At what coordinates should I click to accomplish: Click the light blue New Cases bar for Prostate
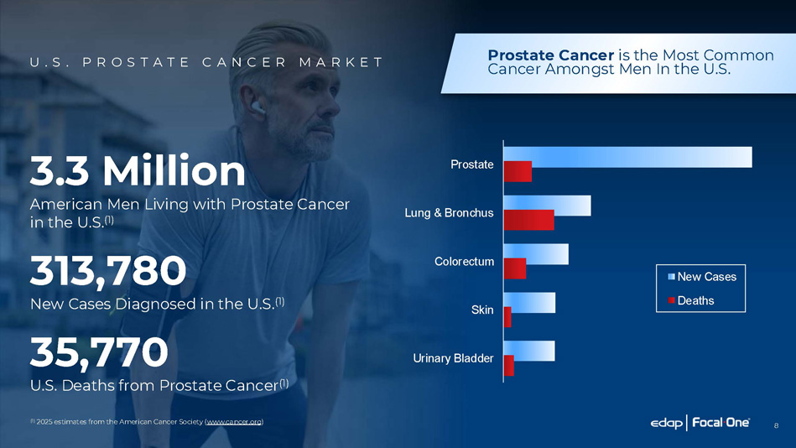click(x=628, y=157)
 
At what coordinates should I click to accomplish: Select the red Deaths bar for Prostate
click(x=518, y=172)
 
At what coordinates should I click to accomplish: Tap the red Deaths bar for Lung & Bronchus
click(x=529, y=220)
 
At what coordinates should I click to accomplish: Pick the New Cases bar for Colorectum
click(x=536, y=254)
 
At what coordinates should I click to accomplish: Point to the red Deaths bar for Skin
click(x=507, y=317)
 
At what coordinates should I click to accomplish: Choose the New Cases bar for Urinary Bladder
click(x=529, y=351)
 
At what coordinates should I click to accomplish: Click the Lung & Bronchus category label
click(x=449, y=213)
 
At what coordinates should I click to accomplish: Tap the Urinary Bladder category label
click(x=453, y=358)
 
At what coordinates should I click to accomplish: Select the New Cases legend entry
click(x=701, y=277)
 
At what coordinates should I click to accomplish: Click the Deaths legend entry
click(x=690, y=300)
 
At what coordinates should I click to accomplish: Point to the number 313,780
click(x=108, y=271)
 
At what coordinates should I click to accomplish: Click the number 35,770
click(x=99, y=352)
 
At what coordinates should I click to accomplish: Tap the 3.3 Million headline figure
click(x=138, y=170)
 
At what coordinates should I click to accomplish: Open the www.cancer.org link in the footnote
click(x=234, y=422)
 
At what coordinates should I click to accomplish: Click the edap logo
click(x=666, y=423)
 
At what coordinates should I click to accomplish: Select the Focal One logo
click(x=721, y=423)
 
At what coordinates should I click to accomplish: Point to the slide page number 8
click(x=776, y=425)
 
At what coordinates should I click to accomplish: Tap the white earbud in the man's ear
click(x=258, y=107)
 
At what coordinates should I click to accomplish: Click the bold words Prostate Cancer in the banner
click(x=551, y=55)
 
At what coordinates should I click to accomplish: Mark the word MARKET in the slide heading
click(x=341, y=62)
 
